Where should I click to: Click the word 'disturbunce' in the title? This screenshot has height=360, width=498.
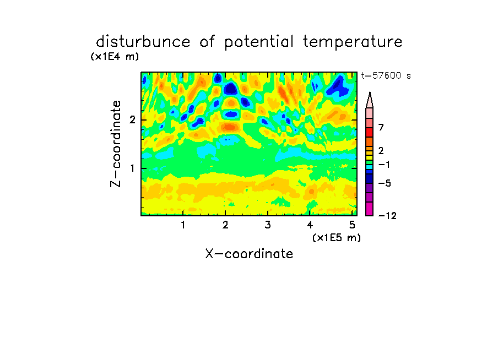pos(143,42)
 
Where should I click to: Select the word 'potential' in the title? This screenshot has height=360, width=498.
pos(258,42)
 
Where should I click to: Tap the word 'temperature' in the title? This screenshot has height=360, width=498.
pos(353,42)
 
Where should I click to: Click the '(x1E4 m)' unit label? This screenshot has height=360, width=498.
pos(115,57)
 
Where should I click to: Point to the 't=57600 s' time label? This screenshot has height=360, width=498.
pos(386,75)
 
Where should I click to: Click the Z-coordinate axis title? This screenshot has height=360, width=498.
pos(116,144)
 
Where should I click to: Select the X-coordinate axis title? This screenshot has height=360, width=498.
pos(249,254)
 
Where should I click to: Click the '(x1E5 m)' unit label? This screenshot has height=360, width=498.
pos(337,237)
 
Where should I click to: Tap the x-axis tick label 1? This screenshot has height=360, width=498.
pos(183,225)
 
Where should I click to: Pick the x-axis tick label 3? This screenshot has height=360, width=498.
pos(268,225)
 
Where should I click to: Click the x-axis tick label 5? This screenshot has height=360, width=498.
pos(352,225)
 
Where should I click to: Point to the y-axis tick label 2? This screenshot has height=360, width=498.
pos(132,120)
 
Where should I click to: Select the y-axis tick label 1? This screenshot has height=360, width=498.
pos(132,168)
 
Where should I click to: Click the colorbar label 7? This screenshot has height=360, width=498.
pos(381,128)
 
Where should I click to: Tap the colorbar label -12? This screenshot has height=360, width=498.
pos(387,216)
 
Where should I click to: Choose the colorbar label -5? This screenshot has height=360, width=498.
pos(385,183)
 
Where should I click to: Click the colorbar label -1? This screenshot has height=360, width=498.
pos(385,165)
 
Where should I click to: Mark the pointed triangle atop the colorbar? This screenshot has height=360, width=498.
pos(370,100)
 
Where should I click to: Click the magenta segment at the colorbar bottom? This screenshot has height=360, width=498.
pos(370,209)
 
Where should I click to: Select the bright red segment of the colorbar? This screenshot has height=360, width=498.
pos(370,132)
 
